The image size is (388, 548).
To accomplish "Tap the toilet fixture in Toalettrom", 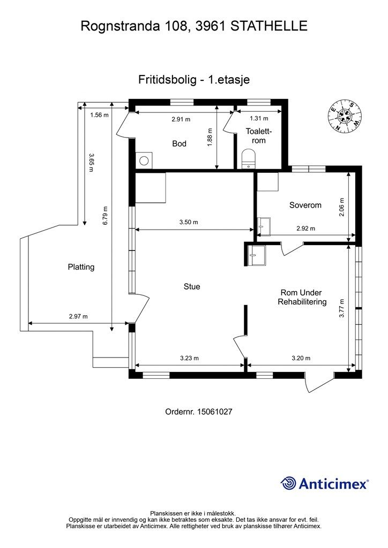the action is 249,158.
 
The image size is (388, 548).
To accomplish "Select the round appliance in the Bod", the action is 144,161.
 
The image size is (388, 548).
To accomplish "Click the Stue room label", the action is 192,287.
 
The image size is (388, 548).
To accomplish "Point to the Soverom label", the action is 305,205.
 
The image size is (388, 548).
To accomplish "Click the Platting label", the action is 81,267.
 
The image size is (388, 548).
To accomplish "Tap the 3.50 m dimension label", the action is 189,222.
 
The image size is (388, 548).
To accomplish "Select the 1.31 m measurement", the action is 259,118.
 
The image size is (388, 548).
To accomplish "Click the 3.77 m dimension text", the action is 342,308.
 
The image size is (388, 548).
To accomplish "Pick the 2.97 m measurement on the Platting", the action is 78,317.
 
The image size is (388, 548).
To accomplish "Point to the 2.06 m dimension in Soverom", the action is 342,207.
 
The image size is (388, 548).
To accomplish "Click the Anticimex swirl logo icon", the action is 288,484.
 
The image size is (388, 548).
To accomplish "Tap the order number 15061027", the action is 214,412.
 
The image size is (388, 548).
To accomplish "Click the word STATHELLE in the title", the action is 269,26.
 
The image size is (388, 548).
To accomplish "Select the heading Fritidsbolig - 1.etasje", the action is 194,80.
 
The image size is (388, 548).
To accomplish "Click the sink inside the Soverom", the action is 264,227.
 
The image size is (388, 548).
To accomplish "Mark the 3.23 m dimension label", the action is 189,358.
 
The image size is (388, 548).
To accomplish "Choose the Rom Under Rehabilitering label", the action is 302,297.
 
